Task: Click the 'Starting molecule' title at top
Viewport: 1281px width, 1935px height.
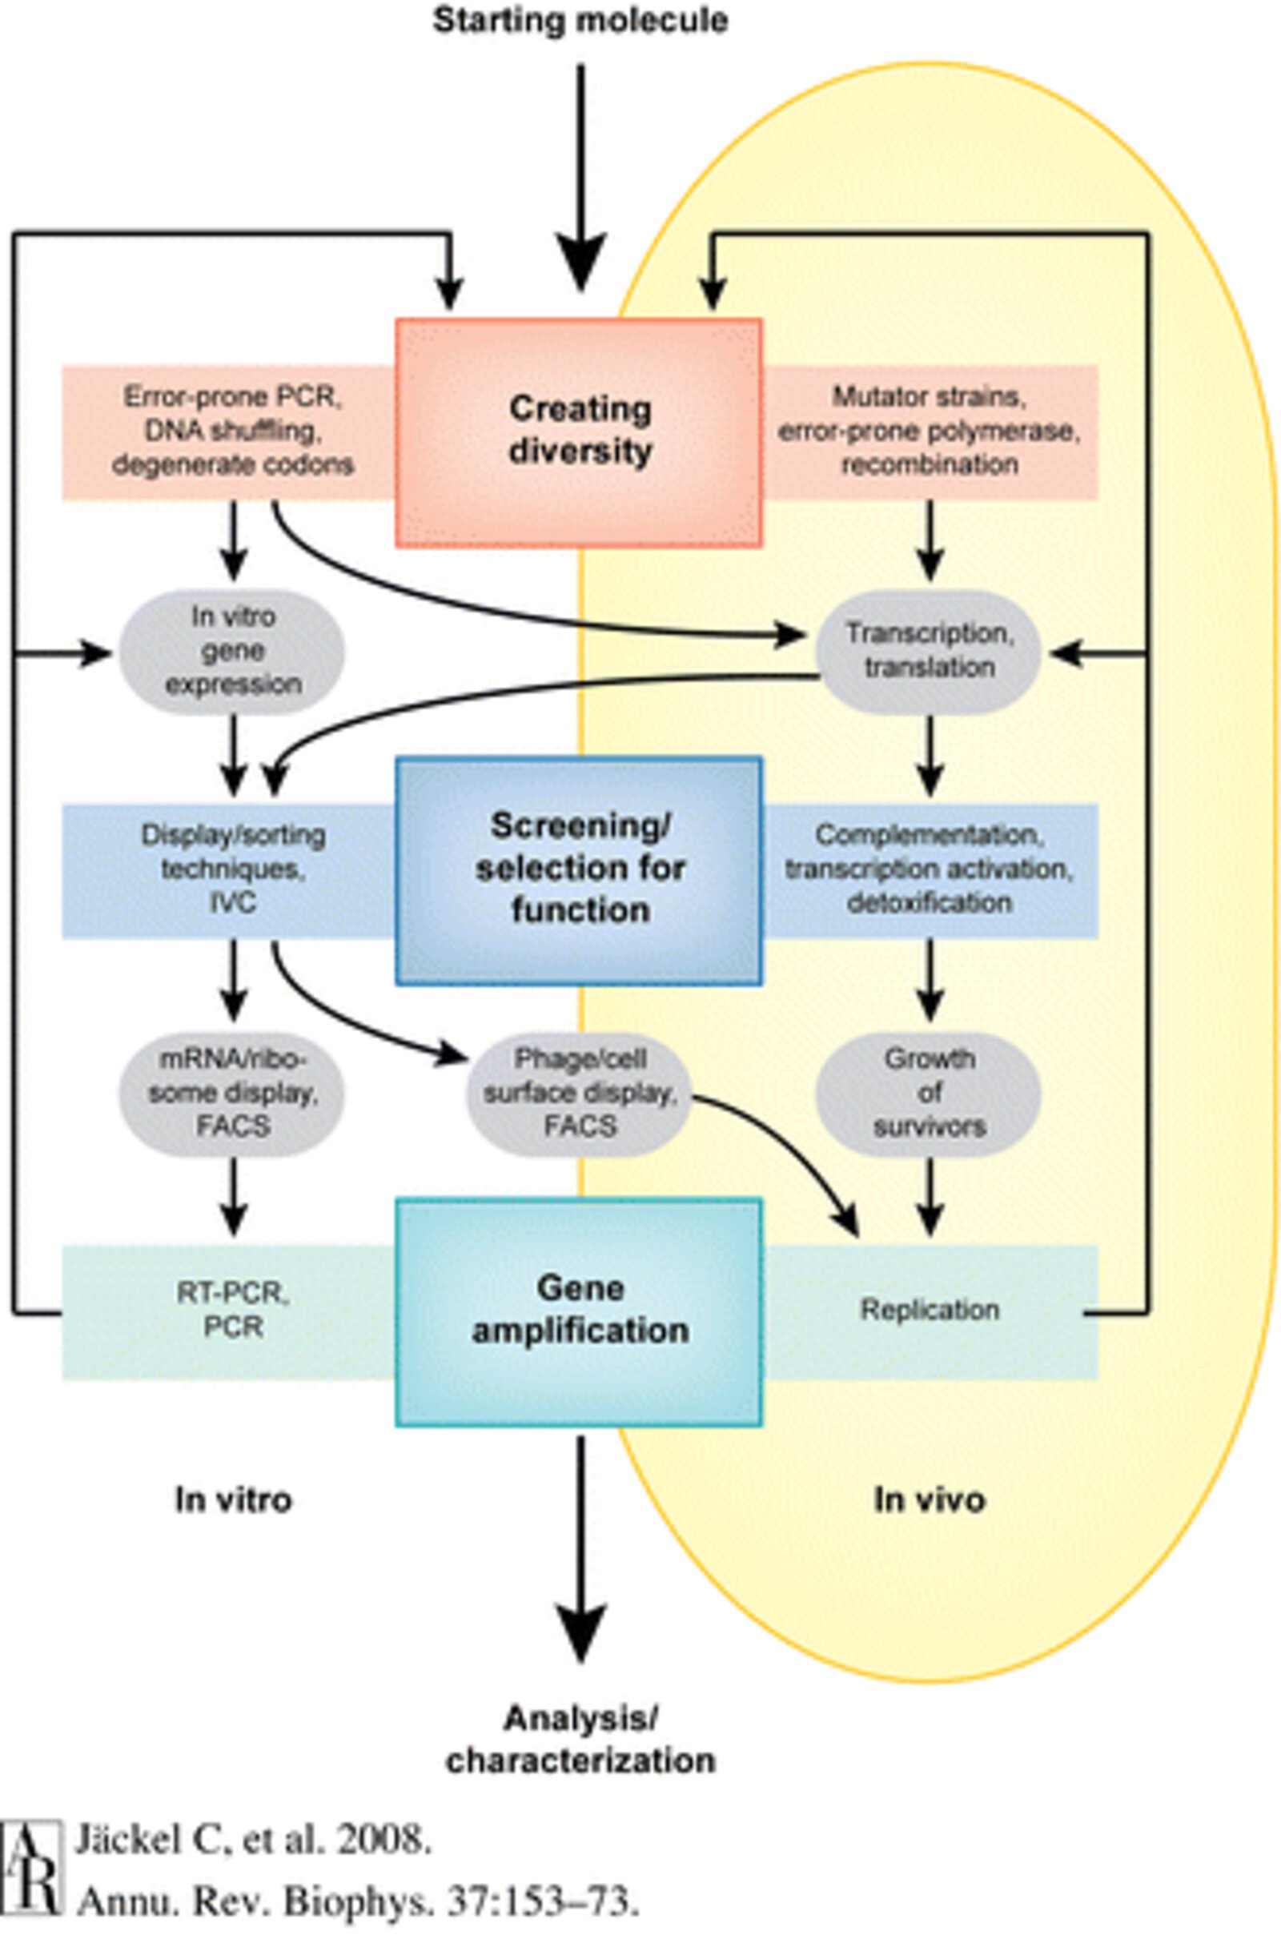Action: click(x=580, y=21)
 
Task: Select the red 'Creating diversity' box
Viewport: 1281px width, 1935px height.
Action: click(x=579, y=432)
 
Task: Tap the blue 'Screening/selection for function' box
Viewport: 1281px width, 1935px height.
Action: click(x=579, y=870)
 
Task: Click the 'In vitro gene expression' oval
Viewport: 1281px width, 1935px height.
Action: click(x=233, y=651)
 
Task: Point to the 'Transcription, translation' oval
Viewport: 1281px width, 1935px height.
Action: click(x=929, y=651)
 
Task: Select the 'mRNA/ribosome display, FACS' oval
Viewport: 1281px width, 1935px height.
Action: click(x=233, y=1093)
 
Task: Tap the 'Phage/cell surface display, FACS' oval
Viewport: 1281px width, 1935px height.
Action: click(x=579, y=1093)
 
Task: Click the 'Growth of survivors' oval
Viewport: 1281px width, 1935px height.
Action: click(x=929, y=1093)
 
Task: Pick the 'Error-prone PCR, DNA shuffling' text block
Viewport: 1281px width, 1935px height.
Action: click(x=233, y=432)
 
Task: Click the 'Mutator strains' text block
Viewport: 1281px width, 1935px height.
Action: click(x=929, y=432)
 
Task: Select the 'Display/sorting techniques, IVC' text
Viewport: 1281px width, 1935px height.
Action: click(x=233, y=869)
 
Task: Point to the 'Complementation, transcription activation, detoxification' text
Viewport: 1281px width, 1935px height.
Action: click(x=929, y=869)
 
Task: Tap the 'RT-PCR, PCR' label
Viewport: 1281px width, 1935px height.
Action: click(x=233, y=1310)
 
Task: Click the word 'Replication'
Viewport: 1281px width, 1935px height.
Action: click(x=929, y=1310)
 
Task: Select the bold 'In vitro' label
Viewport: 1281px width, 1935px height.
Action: click(x=233, y=1500)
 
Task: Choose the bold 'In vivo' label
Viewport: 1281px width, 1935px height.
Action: click(x=929, y=1500)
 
